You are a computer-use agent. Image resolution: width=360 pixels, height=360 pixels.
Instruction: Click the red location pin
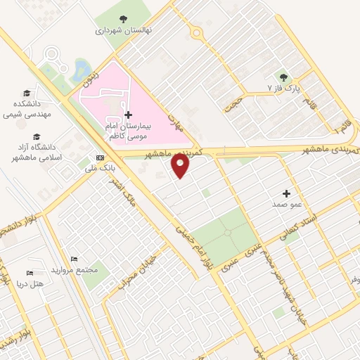coord(181,165)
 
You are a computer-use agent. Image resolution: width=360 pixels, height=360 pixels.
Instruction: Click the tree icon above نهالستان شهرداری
coord(124,19)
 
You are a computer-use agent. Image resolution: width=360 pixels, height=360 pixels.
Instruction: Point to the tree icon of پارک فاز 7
coord(283,77)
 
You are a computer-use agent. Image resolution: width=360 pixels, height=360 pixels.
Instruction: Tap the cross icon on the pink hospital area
coord(127,114)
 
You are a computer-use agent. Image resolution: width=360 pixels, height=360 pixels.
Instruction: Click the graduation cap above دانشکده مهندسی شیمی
coord(26,93)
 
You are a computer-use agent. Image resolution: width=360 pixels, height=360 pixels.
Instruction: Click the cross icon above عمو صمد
coord(286,193)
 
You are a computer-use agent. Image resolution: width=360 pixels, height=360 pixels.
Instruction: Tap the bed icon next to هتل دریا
coord(30,272)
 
